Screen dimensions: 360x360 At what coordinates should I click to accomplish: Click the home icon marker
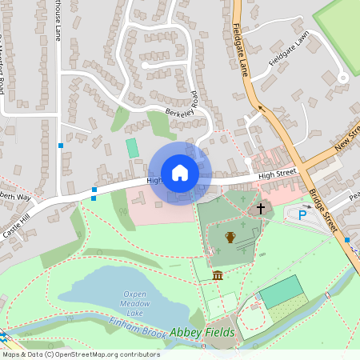click(180, 173)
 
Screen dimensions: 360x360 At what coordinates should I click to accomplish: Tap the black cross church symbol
click(260, 209)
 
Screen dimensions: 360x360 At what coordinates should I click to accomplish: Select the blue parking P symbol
click(302, 214)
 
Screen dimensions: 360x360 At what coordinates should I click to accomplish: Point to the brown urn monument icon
click(230, 237)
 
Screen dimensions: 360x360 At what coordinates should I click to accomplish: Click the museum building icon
click(218, 276)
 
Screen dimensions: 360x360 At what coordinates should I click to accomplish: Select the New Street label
click(348, 137)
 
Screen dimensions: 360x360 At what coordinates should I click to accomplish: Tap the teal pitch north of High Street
click(132, 148)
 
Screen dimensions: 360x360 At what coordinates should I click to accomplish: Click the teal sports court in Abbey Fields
click(282, 290)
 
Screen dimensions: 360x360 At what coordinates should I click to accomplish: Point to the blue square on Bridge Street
click(347, 239)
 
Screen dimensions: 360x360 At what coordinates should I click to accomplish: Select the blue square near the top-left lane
click(61, 146)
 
